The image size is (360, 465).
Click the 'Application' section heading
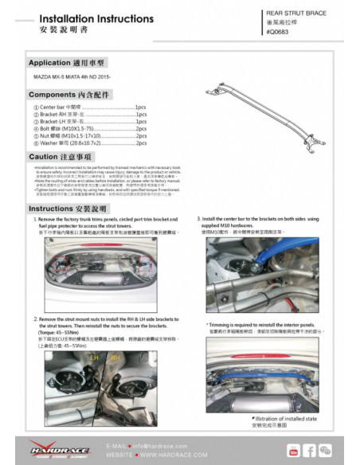click(67, 62)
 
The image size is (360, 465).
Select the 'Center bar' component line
click(88, 106)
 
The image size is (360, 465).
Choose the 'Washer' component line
click(88, 143)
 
